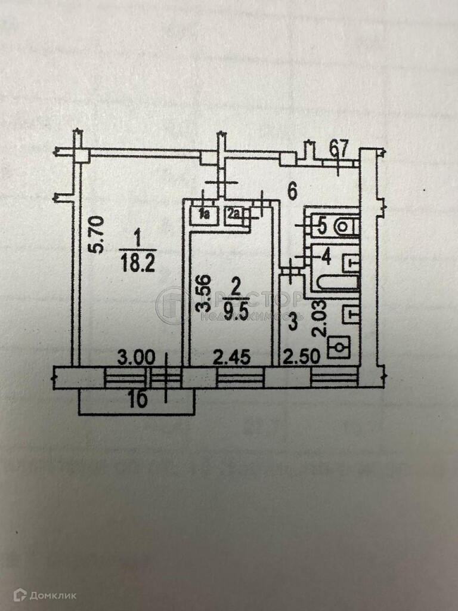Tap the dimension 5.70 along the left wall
coord(99,235)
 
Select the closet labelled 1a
coord(205,214)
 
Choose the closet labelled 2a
coord(234,214)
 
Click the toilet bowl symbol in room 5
coord(346,226)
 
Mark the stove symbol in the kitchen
coord(340,347)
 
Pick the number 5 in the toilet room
coord(321,226)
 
